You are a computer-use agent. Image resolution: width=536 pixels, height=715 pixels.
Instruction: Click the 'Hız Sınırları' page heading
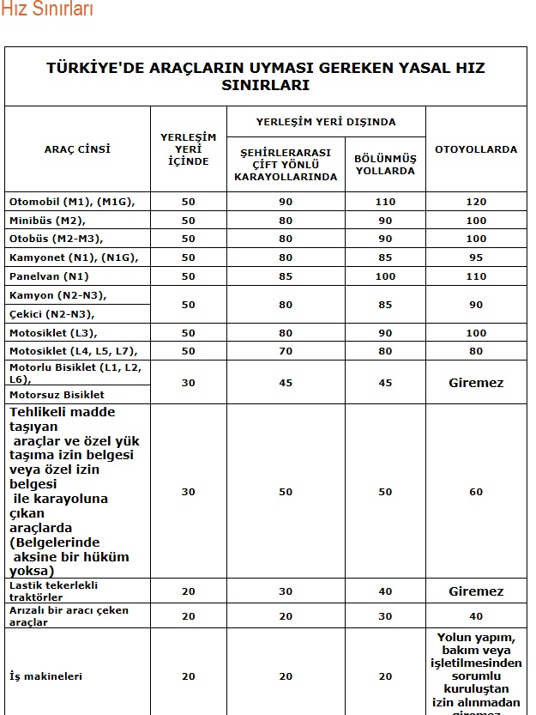[46, 9]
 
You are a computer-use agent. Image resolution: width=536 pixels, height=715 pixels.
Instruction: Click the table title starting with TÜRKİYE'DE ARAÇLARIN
[265, 76]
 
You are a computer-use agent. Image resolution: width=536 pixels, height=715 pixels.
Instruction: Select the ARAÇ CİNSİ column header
[77, 149]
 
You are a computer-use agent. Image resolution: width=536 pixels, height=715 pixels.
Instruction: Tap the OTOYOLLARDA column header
[476, 149]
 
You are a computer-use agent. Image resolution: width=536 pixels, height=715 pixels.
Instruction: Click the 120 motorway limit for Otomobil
[476, 202]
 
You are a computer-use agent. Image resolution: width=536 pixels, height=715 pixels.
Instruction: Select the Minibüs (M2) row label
[47, 221]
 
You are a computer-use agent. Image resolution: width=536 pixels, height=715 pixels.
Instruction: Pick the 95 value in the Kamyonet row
[476, 258]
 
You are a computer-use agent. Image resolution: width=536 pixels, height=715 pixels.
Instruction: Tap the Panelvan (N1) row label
[49, 276]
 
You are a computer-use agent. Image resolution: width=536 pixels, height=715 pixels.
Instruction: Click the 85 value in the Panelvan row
[286, 276]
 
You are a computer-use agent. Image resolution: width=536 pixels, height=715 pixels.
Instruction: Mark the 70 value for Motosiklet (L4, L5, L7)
[286, 351]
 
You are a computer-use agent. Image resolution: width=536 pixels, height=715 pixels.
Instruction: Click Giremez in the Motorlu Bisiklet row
[476, 383]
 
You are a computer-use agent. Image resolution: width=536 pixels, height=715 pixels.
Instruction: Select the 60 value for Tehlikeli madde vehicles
[476, 492]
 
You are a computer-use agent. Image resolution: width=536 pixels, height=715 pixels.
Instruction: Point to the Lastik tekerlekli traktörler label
[55, 590]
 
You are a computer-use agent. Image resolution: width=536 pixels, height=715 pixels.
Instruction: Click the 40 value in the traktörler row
[385, 591]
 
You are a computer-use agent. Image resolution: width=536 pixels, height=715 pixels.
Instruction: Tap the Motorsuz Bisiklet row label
[57, 395]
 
